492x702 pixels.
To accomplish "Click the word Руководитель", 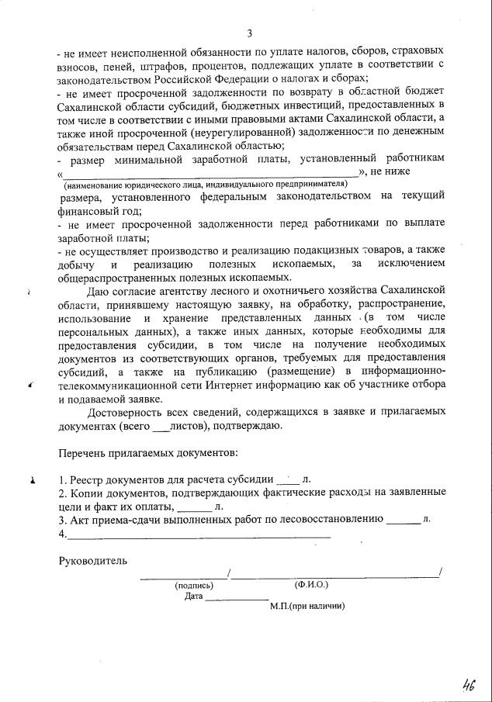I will point(92,560).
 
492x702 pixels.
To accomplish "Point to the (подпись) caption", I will point(195,585).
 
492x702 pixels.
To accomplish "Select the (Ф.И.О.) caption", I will point(311,583).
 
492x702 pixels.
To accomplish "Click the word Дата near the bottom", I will point(194,597).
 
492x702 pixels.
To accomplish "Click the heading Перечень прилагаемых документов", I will point(148,451).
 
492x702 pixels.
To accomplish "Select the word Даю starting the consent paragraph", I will point(101,292).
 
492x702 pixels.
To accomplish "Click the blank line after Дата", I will point(237,597).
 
